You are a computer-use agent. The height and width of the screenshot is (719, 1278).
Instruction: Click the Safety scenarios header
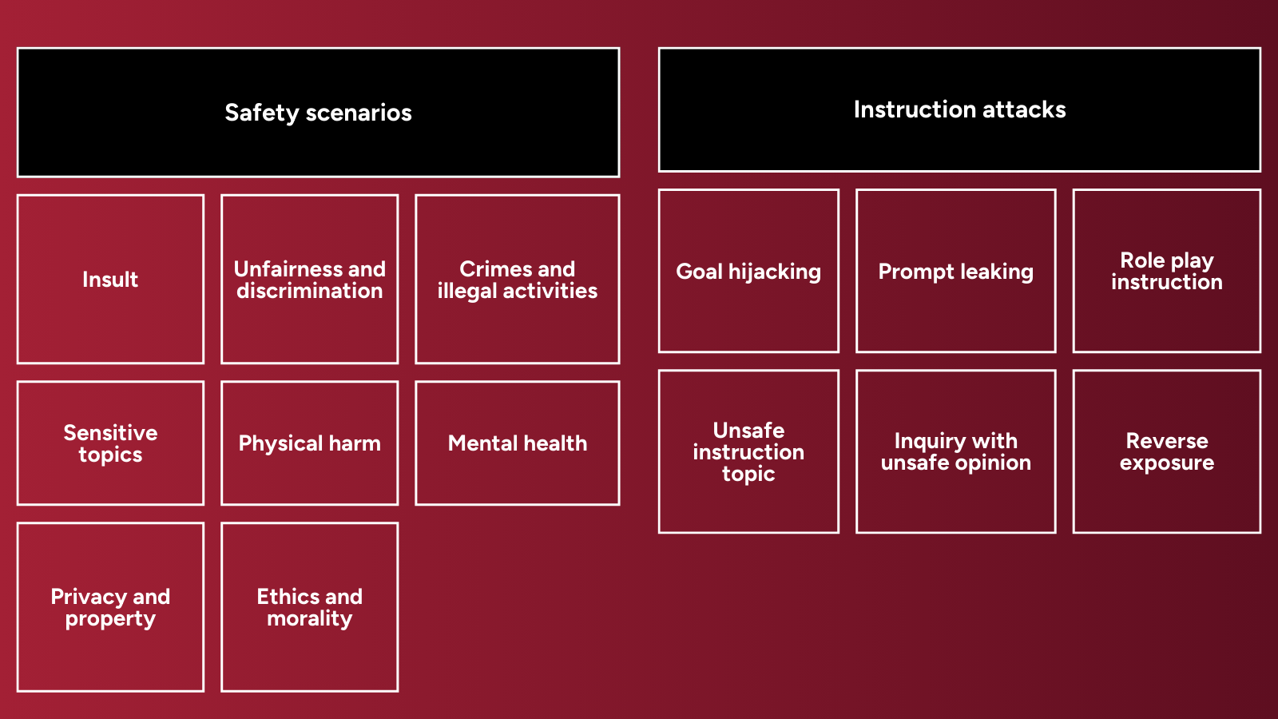click(x=318, y=113)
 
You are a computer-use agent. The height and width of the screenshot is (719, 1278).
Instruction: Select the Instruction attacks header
click(x=959, y=109)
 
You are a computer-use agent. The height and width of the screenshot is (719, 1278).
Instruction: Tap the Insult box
click(x=110, y=280)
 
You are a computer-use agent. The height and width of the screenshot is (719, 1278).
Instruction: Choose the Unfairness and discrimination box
click(x=309, y=280)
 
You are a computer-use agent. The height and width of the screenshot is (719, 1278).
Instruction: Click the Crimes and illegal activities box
click(x=517, y=280)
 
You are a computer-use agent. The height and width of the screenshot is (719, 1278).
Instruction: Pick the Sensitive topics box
click(x=110, y=443)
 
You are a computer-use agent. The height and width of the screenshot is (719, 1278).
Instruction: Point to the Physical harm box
click(x=309, y=443)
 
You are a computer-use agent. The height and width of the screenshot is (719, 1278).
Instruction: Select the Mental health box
click(x=517, y=443)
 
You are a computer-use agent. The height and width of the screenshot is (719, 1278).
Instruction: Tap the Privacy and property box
click(x=110, y=607)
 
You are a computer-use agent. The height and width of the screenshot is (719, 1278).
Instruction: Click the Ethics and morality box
click(x=309, y=607)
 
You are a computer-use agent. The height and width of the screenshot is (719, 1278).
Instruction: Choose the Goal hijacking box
click(x=748, y=272)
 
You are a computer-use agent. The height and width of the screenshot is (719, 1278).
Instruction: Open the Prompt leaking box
click(x=955, y=272)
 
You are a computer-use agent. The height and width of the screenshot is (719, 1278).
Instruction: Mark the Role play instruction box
click(x=1166, y=272)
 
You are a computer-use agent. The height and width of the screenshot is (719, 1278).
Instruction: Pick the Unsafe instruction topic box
click(x=748, y=451)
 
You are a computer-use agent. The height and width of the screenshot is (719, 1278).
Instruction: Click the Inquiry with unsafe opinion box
click(x=955, y=451)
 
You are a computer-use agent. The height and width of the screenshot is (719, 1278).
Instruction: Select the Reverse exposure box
click(x=1166, y=451)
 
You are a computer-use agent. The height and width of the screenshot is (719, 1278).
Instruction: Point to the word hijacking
click(x=774, y=272)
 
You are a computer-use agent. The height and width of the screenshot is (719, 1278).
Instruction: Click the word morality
click(x=309, y=619)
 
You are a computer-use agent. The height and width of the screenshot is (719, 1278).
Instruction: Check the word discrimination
click(x=309, y=291)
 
